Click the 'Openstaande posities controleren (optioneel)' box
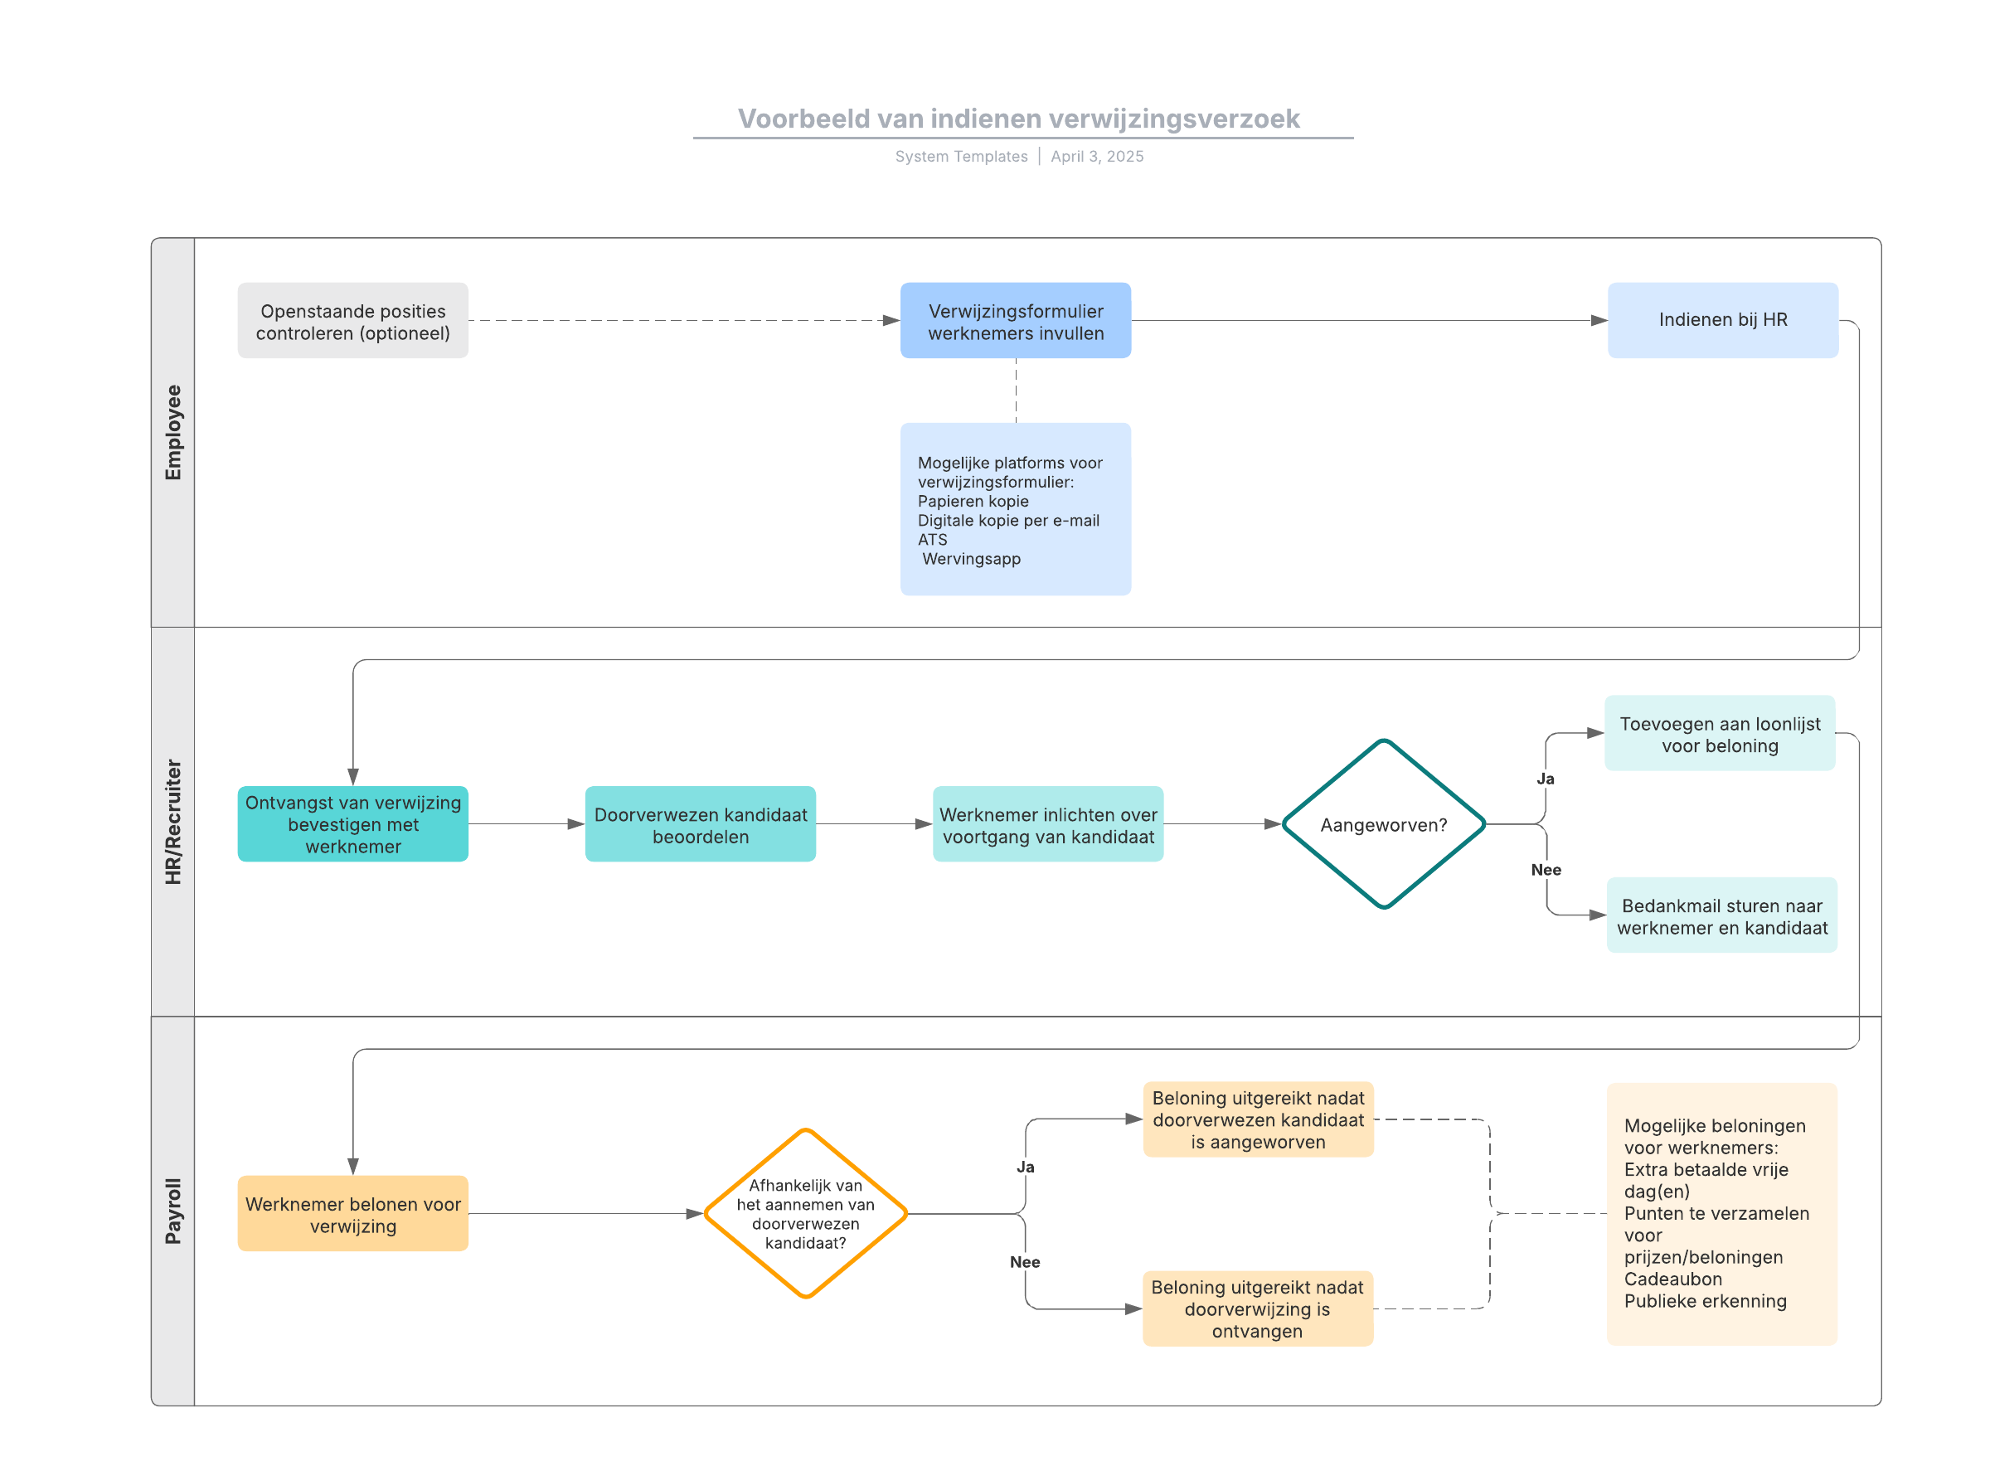(352, 321)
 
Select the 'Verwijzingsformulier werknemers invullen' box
(1015, 321)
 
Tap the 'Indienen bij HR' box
(1722, 321)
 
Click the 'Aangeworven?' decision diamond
(1383, 824)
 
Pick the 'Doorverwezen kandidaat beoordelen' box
(700, 824)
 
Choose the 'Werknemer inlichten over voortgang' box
(1048, 824)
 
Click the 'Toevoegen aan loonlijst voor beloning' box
(1720, 734)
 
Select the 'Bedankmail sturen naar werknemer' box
(1721, 915)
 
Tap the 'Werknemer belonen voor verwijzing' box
(352, 1214)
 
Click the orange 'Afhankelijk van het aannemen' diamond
(805, 1214)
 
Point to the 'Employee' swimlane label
(172, 433)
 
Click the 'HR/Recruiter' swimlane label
(172, 822)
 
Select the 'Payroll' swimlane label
(172, 1211)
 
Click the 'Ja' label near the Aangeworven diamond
(1545, 779)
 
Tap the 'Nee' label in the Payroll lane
(1025, 1262)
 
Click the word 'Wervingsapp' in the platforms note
(972, 559)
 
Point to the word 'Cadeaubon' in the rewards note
(1672, 1279)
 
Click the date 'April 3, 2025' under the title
(1097, 157)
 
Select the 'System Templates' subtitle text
(961, 157)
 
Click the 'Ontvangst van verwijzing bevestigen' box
(352, 824)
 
